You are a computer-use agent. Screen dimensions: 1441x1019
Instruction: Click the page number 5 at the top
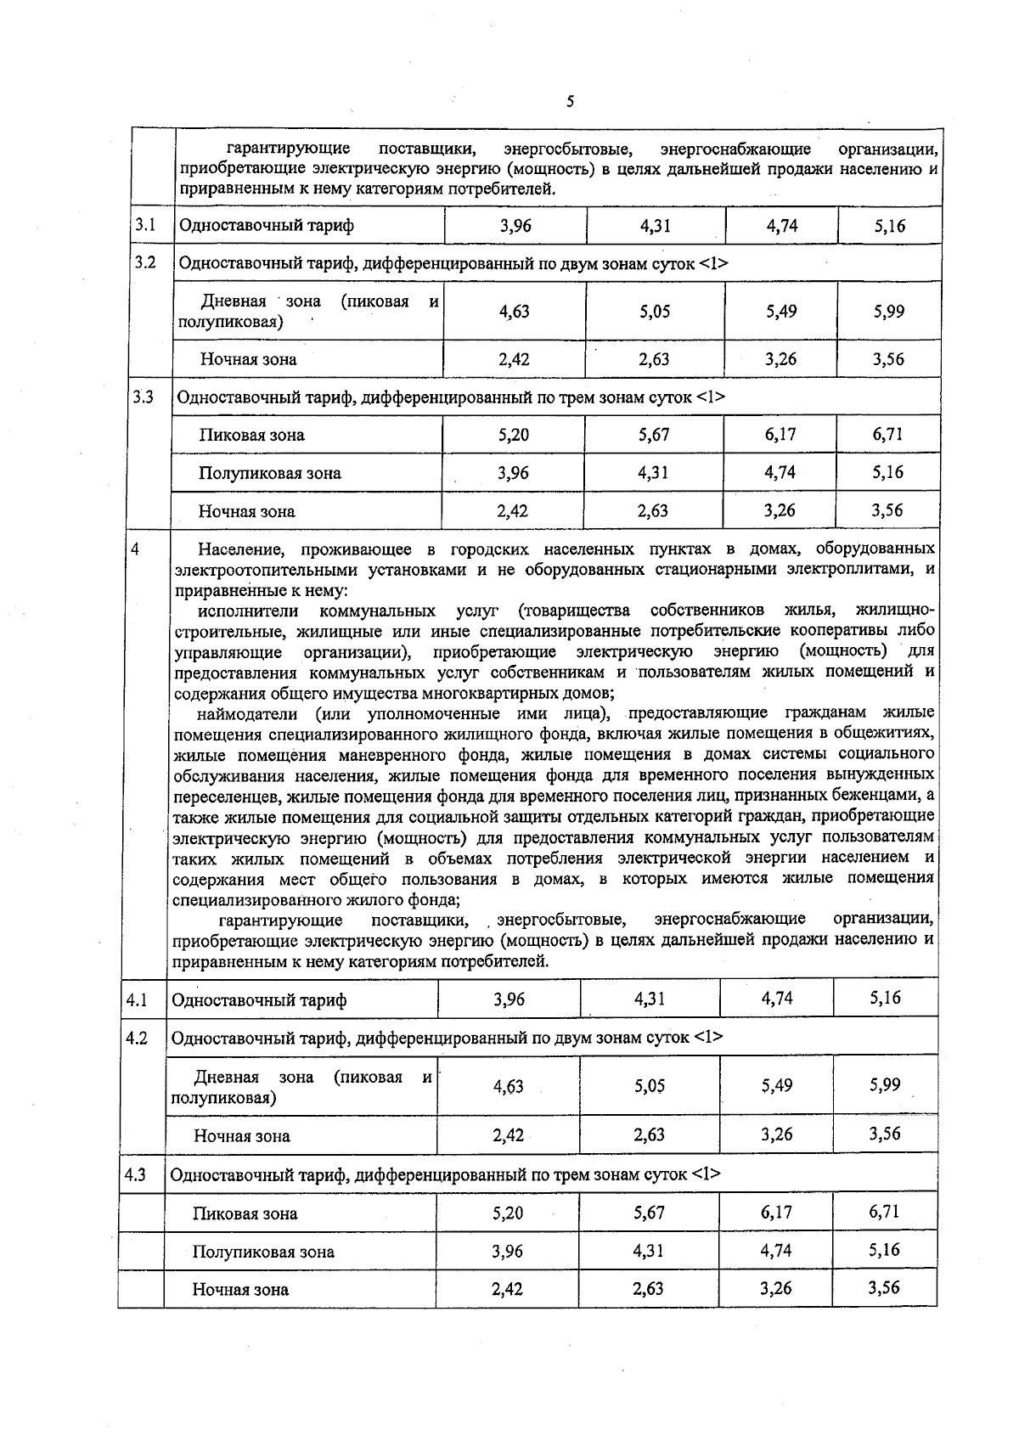[570, 102]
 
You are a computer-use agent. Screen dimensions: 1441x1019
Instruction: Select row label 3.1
[146, 225]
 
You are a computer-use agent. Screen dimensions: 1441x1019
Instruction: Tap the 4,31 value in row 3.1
[655, 226]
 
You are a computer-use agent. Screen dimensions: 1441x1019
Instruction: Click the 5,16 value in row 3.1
[889, 226]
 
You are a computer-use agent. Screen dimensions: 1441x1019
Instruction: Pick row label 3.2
[146, 262]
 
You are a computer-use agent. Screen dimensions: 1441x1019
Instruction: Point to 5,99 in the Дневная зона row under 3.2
[889, 311]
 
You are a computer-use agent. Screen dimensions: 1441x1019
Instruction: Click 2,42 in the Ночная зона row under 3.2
[514, 359]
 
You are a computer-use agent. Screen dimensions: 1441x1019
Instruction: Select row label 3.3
[144, 396]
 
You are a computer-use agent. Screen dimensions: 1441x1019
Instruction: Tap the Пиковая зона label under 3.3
[252, 435]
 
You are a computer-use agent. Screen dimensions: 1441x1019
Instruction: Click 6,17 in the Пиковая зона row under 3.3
[780, 434]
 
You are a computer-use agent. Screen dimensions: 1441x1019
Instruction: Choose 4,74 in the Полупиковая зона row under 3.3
[780, 472]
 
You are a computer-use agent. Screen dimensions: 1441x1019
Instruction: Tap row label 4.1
[138, 999]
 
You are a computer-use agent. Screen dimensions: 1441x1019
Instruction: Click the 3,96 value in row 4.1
[509, 999]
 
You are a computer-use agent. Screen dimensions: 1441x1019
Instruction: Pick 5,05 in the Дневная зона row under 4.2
[650, 1086]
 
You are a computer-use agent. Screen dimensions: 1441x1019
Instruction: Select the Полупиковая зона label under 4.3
[263, 1252]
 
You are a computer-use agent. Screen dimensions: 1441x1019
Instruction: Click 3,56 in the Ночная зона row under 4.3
[884, 1287]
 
